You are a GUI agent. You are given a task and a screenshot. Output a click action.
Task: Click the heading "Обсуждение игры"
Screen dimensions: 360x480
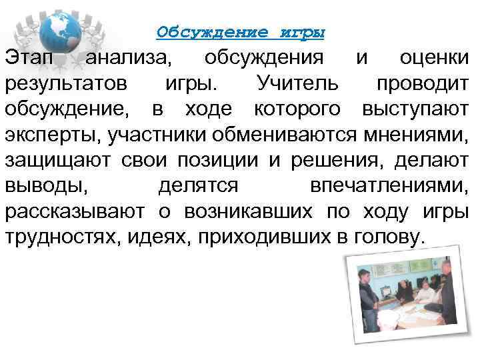point(241,32)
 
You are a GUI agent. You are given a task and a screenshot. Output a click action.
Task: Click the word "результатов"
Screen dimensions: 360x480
point(65,84)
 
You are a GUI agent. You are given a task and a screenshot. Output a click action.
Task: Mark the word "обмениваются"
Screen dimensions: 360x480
point(287,135)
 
